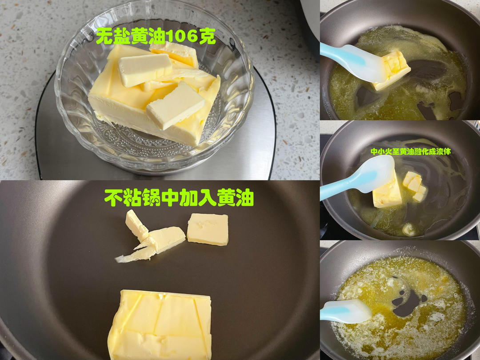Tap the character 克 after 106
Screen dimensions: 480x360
coord(208,36)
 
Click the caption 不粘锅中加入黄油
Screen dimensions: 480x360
coord(179,197)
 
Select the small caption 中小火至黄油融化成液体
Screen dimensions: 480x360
coord(411,152)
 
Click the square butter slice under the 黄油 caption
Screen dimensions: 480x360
coord(208,230)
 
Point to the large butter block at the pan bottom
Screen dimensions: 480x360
coord(160,324)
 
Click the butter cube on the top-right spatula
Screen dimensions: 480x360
coord(392,70)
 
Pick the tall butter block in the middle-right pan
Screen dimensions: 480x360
coord(387,193)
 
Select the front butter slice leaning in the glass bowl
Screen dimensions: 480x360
coord(176,105)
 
